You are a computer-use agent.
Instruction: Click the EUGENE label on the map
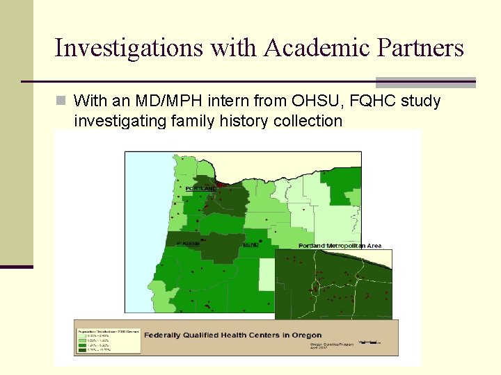coord(188,244)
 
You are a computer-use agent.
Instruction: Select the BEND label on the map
coord(252,244)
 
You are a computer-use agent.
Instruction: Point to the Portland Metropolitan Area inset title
coord(340,246)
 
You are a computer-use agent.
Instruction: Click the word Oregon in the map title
coord(306,335)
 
